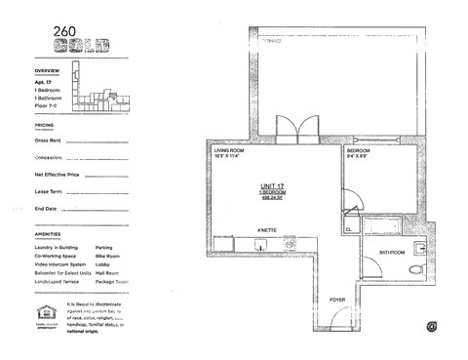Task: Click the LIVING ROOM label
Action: tap(232, 150)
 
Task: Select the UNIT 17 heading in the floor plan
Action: tap(272, 185)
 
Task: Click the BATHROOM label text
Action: tap(394, 252)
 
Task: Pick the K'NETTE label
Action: tap(269, 231)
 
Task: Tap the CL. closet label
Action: tap(348, 230)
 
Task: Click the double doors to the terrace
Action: tap(292, 131)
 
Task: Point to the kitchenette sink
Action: tap(260, 244)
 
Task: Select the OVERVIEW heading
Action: tap(48, 72)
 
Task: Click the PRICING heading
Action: tap(44, 126)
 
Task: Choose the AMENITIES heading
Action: tap(47, 235)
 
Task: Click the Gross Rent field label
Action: tap(49, 141)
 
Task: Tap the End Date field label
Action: tap(46, 209)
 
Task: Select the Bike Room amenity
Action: tap(108, 257)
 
